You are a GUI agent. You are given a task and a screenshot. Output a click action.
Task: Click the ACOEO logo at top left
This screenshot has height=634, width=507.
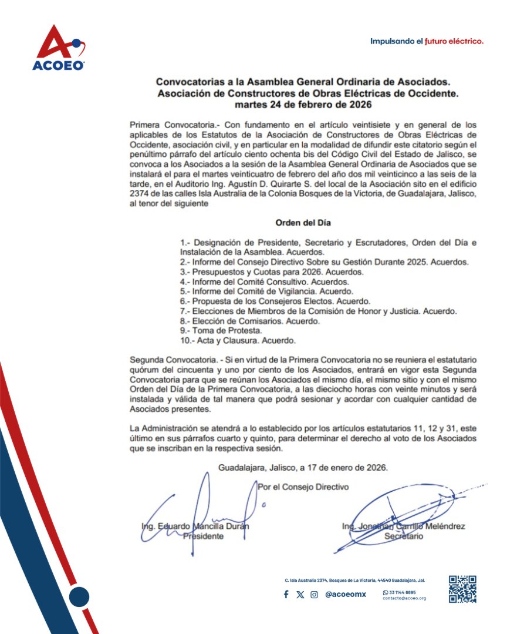tap(59, 48)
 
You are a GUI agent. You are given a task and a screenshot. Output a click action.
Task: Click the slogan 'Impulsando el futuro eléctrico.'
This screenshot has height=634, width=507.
tap(427, 41)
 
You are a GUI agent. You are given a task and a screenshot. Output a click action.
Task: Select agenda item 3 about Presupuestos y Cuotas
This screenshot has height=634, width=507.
tap(272, 273)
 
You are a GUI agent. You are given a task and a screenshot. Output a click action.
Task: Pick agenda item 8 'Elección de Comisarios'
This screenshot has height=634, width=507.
tap(251, 321)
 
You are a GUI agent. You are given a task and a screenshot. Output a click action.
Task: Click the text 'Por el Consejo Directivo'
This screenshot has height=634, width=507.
tap(303, 487)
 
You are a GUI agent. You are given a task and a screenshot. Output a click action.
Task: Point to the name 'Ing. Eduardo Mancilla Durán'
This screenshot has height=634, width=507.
tap(195, 526)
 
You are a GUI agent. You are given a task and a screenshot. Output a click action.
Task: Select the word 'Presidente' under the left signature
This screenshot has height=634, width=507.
tap(203, 536)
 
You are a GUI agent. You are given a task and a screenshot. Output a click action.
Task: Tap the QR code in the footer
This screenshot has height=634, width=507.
tap(462, 589)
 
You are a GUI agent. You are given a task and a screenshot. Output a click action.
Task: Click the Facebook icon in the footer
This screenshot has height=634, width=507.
tap(286, 594)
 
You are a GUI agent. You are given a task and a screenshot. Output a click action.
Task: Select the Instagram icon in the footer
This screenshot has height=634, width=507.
tap(315, 594)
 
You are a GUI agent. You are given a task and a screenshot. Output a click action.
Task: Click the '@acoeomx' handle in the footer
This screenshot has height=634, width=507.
tap(345, 594)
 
